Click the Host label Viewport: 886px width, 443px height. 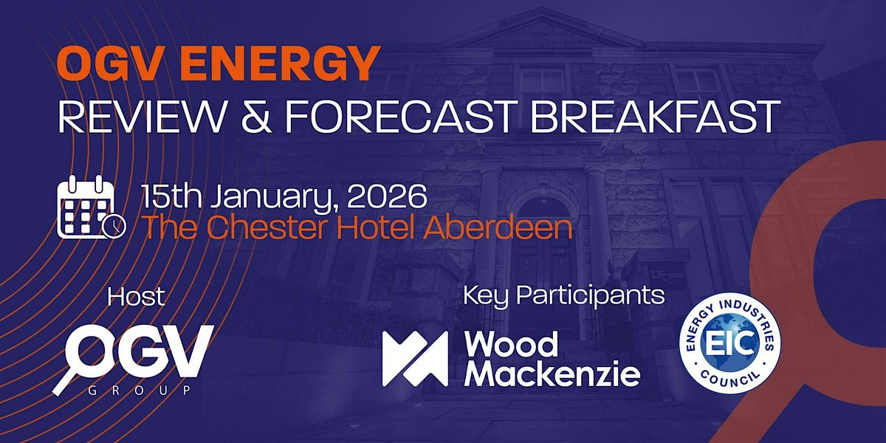(136, 296)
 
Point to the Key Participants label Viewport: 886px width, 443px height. (563, 295)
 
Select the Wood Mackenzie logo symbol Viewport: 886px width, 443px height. (414, 359)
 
